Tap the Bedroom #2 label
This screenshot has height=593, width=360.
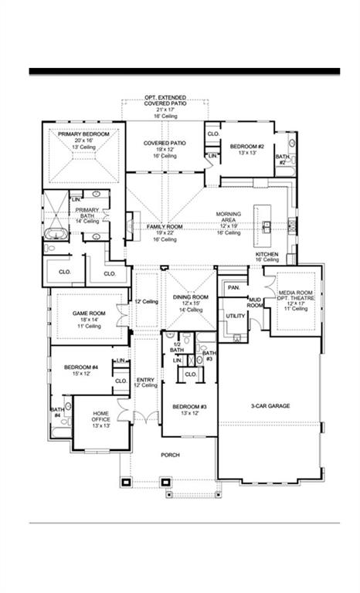(248, 146)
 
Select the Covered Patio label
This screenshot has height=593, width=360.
(165, 143)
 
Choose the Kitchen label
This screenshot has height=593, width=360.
(267, 254)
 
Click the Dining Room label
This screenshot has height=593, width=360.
(190, 297)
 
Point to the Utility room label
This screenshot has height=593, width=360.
(235, 316)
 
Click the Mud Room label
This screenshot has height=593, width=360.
(255, 303)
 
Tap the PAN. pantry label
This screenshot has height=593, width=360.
(233, 287)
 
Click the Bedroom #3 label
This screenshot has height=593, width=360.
(188, 406)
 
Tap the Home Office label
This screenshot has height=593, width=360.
(101, 414)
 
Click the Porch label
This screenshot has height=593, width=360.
(170, 455)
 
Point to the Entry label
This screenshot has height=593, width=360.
(145, 380)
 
